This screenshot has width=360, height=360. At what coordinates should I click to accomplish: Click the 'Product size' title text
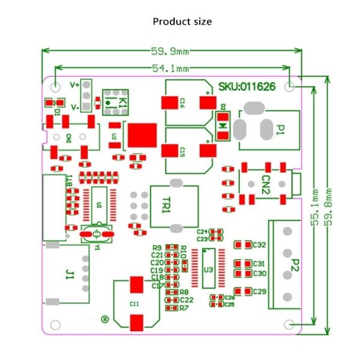pyautogui.click(x=182, y=22)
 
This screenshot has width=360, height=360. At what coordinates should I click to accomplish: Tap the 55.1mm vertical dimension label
pyautogui.click(x=314, y=208)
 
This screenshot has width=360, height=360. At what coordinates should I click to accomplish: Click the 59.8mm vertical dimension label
pyautogui.click(x=329, y=208)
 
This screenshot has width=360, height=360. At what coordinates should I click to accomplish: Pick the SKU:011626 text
pyautogui.click(x=247, y=86)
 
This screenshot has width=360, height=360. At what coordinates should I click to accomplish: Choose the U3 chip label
pyautogui.click(x=208, y=269)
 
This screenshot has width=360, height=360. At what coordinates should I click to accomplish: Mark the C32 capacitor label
pyautogui.click(x=259, y=245)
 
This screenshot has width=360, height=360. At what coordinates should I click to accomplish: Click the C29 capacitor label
pyautogui.click(x=259, y=291)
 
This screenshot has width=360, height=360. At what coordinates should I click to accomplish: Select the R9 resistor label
pyautogui.click(x=157, y=247)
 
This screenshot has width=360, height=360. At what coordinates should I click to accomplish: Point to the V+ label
pyautogui.click(x=75, y=85)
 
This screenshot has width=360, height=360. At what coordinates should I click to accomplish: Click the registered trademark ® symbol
pyautogui.click(x=104, y=320)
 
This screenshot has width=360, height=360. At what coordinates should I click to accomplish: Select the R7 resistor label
pyautogui.click(x=184, y=307)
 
